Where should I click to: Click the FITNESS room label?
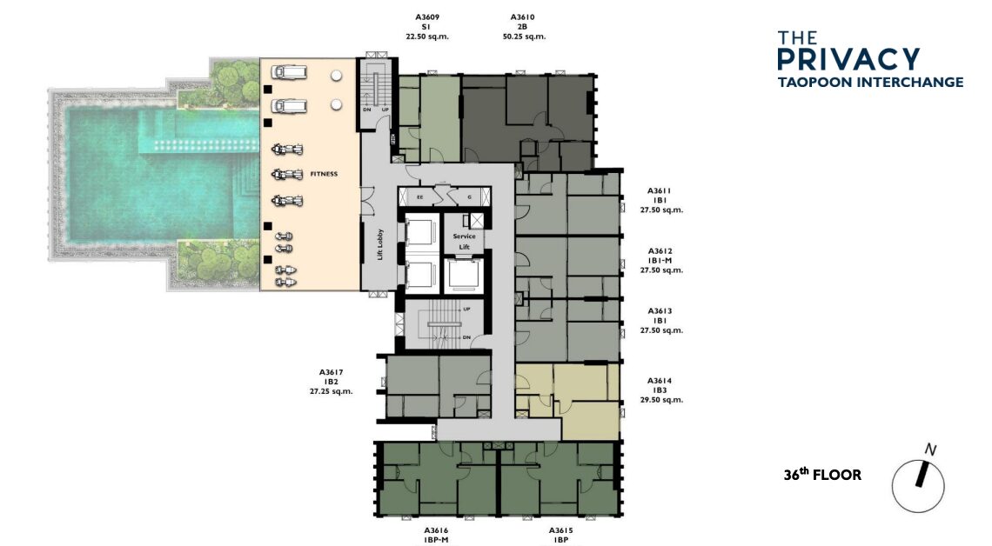pos(324,174)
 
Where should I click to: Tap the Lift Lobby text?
pos(380,244)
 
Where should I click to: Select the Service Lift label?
pos(465,242)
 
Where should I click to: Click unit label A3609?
pos(427,17)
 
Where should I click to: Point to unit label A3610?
pos(523,17)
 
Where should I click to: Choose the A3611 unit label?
pos(660,191)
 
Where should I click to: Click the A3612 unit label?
pos(660,251)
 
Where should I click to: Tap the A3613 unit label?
pos(660,311)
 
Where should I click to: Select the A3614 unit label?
pos(660,381)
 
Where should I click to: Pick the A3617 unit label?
pos(331,373)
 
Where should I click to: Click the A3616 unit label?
pos(436,531)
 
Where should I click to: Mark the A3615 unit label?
pos(560,531)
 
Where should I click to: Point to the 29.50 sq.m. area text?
pos(661,400)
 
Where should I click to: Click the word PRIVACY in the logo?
pos(848,59)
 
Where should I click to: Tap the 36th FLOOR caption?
pos(822,475)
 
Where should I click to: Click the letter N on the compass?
pos(930,449)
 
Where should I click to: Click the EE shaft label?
pos(420,197)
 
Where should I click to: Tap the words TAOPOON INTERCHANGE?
pos(870,82)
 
